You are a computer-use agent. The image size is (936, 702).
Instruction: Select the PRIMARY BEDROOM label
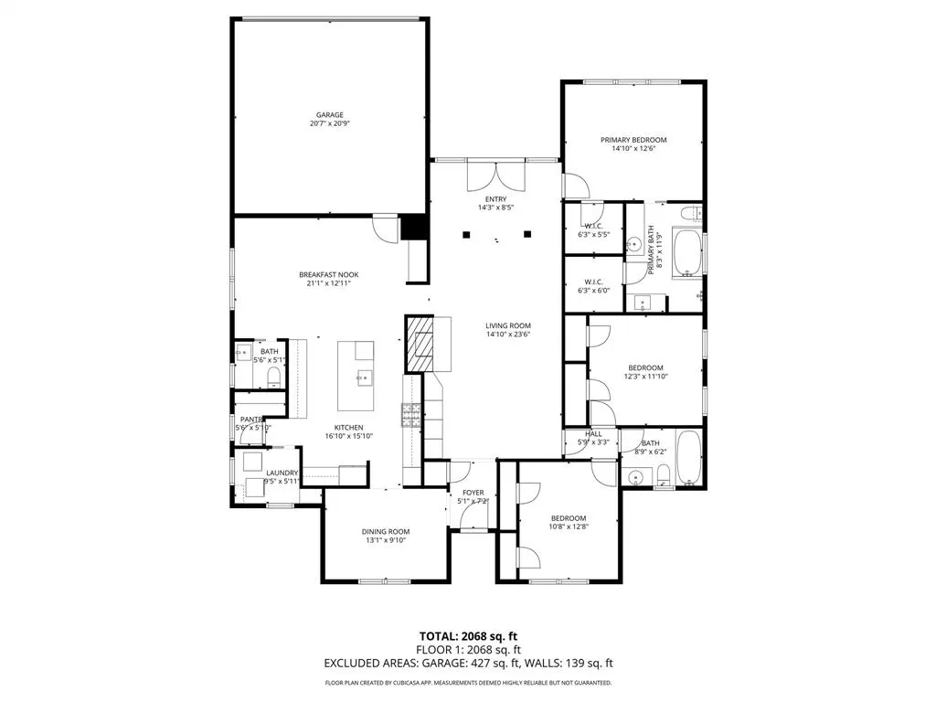point(633,140)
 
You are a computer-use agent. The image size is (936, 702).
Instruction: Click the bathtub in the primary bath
point(687,253)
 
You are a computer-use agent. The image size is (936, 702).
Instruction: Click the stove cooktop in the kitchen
point(410,416)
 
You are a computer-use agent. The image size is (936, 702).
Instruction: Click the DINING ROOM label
point(386,531)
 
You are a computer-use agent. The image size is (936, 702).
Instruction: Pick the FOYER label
point(473,492)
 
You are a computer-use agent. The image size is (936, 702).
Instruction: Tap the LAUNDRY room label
point(282,473)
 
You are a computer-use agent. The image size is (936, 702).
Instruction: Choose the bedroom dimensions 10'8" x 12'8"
point(568,526)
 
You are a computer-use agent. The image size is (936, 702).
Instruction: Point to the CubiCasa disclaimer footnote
point(467,683)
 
